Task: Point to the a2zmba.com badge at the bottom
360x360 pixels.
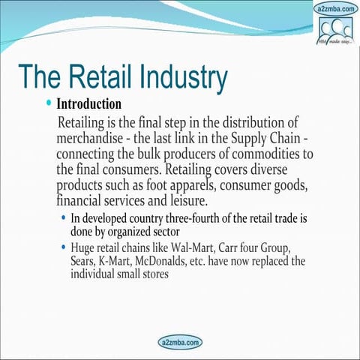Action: (x=180, y=342)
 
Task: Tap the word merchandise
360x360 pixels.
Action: (x=95, y=139)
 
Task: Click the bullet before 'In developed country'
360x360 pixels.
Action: (x=63, y=218)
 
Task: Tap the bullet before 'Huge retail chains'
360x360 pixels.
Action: (x=63, y=247)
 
